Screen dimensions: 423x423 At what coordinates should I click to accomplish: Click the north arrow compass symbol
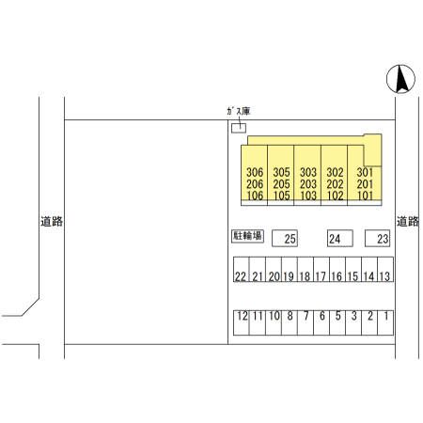[x=400, y=79]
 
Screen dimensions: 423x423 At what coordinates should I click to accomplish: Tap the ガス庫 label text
[x=239, y=111]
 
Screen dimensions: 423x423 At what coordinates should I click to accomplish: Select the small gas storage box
[x=239, y=128]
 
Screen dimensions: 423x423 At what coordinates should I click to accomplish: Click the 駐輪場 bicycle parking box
[x=247, y=236]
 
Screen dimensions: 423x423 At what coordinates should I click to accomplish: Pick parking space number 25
[x=285, y=239]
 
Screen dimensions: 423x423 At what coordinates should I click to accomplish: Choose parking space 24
[x=340, y=239]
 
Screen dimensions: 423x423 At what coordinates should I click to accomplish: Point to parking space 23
[x=377, y=239]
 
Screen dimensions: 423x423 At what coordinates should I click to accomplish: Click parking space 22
[x=242, y=270]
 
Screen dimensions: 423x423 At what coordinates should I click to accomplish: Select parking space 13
[x=385, y=270]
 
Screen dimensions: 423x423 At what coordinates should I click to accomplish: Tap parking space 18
[x=305, y=270]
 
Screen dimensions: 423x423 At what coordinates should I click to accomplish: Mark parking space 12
[x=242, y=322]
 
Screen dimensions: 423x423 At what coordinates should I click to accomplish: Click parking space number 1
[x=385, y=322]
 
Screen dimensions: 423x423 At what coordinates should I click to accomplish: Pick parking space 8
[x=290, y=322]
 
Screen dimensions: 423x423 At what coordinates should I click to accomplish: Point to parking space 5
[x=337, y=322]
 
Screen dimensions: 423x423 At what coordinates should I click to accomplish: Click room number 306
[x=255, y=172]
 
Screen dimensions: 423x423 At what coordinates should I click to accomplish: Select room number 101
[x=365, y=196]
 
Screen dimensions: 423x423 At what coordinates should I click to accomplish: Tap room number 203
[x=308, y=184]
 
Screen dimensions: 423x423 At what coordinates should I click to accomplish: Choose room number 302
[x=335, y=172]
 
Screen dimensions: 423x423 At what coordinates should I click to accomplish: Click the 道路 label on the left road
[x=52, y=221]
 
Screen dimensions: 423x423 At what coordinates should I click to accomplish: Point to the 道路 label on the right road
[x=408, y=221]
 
